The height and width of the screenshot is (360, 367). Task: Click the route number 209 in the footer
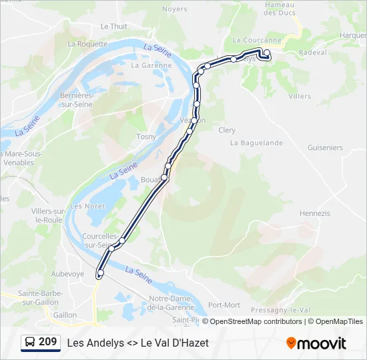coord(47,342)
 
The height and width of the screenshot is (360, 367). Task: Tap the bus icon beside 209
coord(31,343)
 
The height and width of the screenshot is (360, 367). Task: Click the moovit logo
coord(316,343)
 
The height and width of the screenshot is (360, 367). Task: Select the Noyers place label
coord(175,9)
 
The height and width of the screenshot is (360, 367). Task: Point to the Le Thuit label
coord(113,27)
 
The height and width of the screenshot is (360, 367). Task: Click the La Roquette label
coord(87,44)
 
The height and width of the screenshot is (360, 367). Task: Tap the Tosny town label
coord(146,137)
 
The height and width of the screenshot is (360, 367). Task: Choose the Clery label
coord(227,130)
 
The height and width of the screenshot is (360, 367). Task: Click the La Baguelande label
coord(256,143)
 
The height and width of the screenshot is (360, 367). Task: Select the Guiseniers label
coord(326,148)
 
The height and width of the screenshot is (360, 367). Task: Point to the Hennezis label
coord(315,213)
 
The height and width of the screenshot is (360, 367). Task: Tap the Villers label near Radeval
coord(300,96)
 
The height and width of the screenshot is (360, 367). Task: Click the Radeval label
coord(313,53)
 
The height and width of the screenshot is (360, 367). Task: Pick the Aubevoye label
coord(68,274)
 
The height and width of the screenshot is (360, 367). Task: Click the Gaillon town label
coord(65,315)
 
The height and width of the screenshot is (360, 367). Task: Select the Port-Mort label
coord(224,305)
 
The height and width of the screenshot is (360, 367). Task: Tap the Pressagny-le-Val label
coord(280,310)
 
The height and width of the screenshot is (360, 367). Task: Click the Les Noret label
coord(87,206)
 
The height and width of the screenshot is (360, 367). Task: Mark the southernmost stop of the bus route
coord(100,274)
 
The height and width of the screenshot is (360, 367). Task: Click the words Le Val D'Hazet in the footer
coord(175,343)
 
